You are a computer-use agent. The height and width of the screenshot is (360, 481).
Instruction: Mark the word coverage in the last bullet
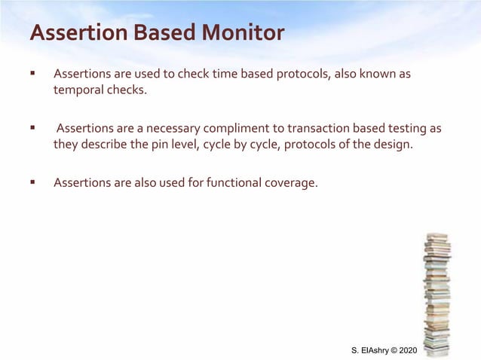[x=290, y=183]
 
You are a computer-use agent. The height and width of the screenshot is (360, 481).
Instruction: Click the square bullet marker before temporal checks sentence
[x=32, y=75]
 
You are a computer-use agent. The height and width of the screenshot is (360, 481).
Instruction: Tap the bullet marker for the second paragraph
[x=32, y=129]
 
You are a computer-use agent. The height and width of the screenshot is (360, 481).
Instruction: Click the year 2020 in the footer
[x=406, y=351]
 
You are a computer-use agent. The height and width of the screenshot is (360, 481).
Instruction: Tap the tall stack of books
[x=437, y=294]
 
